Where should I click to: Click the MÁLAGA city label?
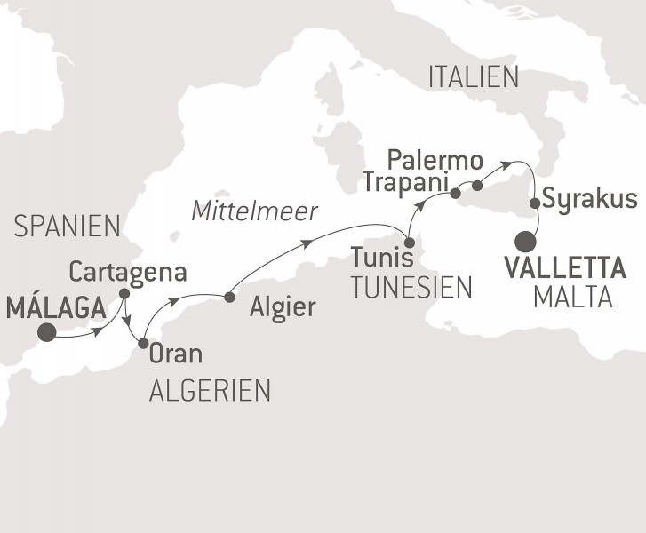(x=53, y=308)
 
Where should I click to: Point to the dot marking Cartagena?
(x=124, y=294)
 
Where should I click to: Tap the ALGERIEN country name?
(x=211, y=390)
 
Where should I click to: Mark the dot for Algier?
(x=229, y=297)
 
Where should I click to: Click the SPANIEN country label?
(x=68, y=227)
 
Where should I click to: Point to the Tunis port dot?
(x=408, y=243)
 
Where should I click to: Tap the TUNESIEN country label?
(x=410, y=288)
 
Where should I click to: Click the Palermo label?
(x=435, y=161)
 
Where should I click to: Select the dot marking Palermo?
(x=477, y=186)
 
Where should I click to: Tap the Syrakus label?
(x=589, y=199)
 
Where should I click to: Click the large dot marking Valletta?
(x=526, y=241)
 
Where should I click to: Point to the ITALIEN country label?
(x=473, y=77)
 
